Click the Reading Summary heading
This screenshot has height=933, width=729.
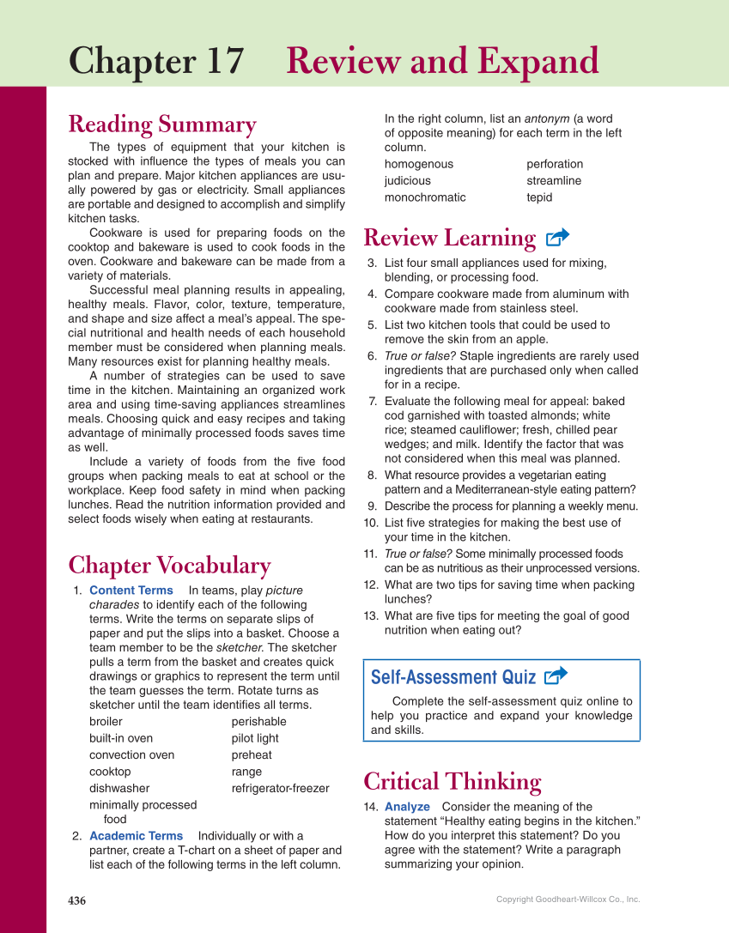tap(162, 124)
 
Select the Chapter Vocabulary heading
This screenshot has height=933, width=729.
tap(169, 566)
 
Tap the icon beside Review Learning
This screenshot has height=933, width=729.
tap(557, 238)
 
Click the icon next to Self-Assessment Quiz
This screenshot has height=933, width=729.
tap(556, 676)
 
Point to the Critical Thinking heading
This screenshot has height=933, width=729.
tap(453, 782)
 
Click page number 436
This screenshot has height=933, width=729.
tap(77, 900)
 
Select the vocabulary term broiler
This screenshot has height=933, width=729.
tap(106, 722)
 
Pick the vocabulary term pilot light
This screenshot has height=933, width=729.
tap(255, 738)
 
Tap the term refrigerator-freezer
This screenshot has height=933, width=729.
tap(280, 788)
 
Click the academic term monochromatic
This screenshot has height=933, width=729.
tap(425, 197)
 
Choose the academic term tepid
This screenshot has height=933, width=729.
tap(539, 197)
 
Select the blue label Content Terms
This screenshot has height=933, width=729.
tap(131, 591)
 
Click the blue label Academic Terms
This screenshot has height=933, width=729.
tap(136, 836)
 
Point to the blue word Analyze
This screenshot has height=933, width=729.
tap(407, 807)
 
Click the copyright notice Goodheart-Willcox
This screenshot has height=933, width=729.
tap(568, 900)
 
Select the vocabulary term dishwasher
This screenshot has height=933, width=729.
tap(119, 788)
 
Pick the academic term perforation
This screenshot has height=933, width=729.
tap(555, 164)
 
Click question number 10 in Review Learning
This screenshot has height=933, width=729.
tap(371, 523)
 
